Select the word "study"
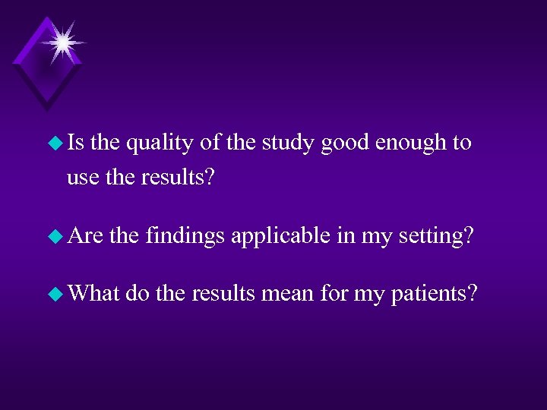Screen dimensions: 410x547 pyautogui.click(x=289, y=143)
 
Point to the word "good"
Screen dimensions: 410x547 pyautogui.click(x=346, y=143)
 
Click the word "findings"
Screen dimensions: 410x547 pyautogui.click(x=185, y=237)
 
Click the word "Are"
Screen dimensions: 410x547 pyautogui.click(x=85, y=237)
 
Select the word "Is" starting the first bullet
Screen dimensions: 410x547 pyautogui.click(x=76, y=143)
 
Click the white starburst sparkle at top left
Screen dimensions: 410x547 pyautogui.click(x=63, y=42)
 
